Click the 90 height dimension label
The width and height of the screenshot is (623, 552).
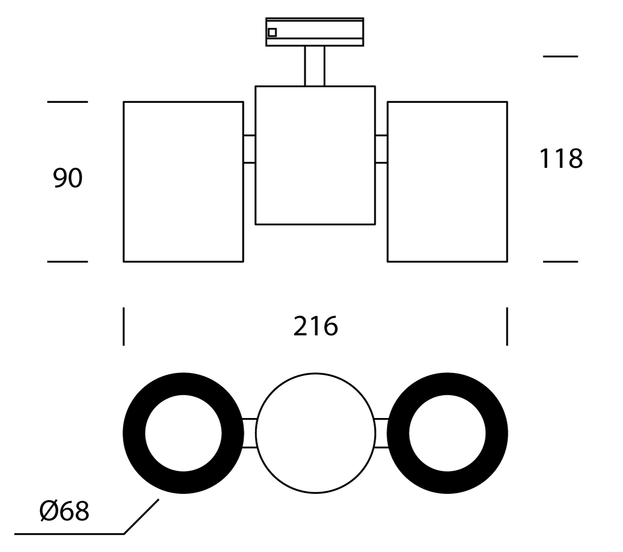pyautogui.click(x=67, y=179)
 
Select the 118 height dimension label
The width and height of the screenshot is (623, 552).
pyautogui.click(x=561, y=159)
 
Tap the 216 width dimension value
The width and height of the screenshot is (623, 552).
pyautogui.click(x=315, y=326)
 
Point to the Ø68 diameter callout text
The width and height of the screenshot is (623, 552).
pyautogui.click(x=64, y=511)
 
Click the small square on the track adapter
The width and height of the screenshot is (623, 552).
pyautogui.click(x=272, y=32)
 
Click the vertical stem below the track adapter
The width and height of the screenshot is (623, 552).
pyautogui.click(x=315, y=66)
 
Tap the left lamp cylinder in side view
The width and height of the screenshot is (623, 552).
pyautogui.click(x=183, y=182)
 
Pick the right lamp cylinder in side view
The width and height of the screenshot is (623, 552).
pyautogui.click(x=447, y=182)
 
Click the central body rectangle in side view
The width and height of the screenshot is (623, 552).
pyautogui.click(x=315, y=155)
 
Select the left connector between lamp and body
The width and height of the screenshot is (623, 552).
pyautogui.click(x=249, y=150)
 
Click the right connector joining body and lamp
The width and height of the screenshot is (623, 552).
pyautogui.click(x=381, y=150)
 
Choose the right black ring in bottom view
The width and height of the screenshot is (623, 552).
pyautogui.click(x=497, y=434)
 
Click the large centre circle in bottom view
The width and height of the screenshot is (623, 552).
pyautogui.click(x=315, y=433)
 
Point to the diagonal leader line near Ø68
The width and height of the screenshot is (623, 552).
pyautogui.click(x=141, y=516)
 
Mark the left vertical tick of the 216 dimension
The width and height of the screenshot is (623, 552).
pyautogui.click(x=124, y=326)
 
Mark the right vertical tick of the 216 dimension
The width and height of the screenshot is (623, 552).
pyautogui.click(x=507, y=326)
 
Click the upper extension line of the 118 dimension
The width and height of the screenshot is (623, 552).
pyautogui.click(x=560, y=56)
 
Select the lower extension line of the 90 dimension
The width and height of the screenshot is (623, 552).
pyautogui.click(x=67, y=262)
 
